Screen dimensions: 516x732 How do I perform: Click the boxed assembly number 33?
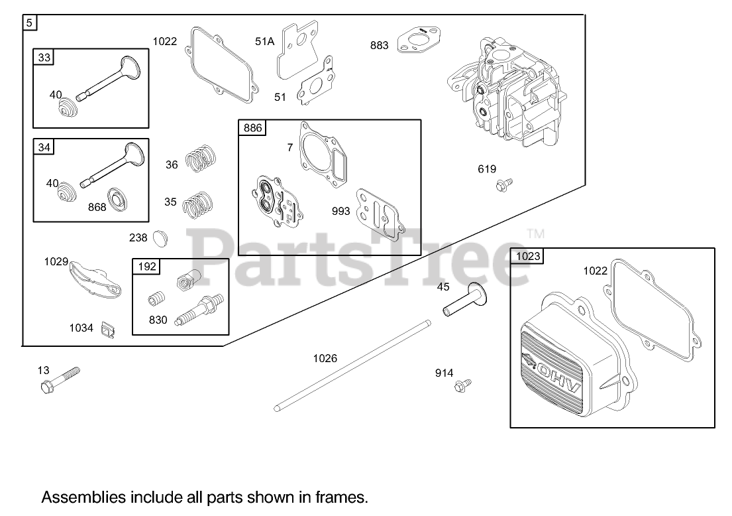[x=44, y=58]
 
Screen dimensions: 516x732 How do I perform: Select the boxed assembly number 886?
[x=253, y=128]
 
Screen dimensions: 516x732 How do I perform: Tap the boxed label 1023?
[x=528, y=256]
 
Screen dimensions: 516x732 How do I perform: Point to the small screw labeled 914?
[x=464, y=385]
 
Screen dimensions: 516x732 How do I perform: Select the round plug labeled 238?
[x=160, y=236]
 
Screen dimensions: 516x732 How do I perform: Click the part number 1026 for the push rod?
[x=325, y=358]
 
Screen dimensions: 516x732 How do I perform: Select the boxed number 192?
[x=147, y=267]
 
